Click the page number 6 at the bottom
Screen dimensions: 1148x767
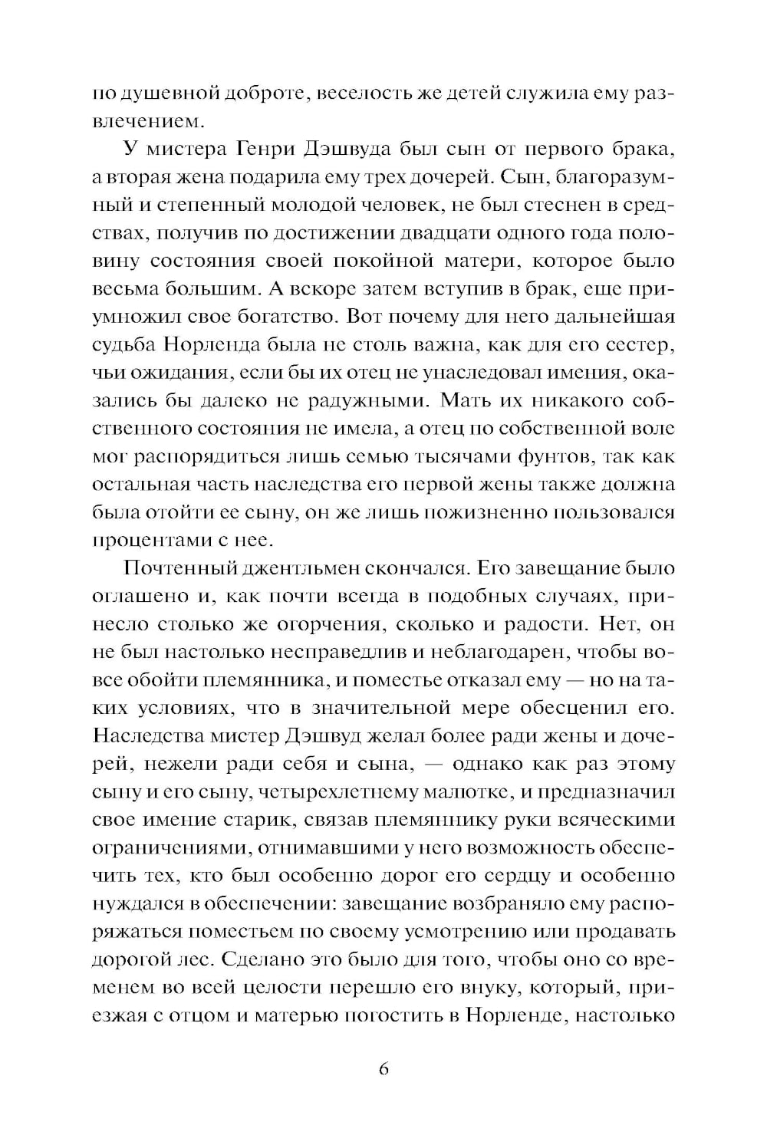383,1068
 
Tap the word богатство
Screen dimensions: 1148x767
288,316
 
